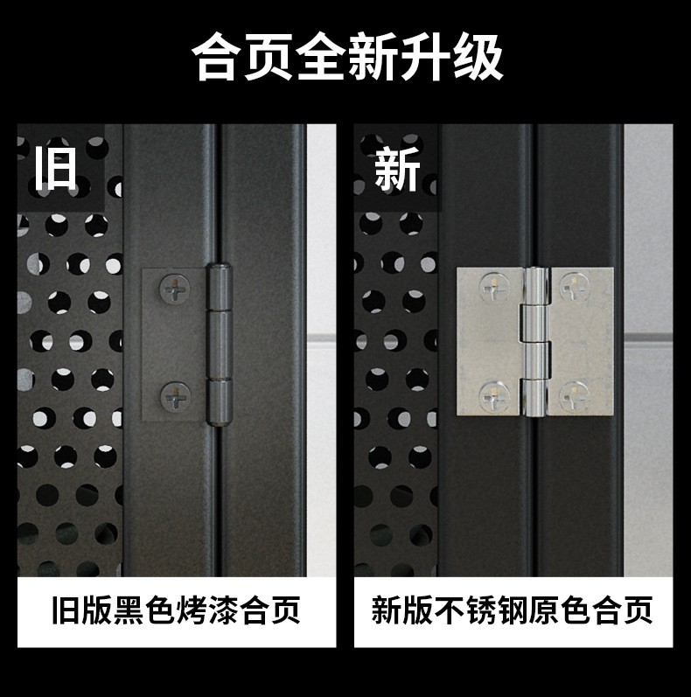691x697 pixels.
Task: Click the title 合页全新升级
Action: pos(346,59)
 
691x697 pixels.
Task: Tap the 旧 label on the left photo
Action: pos(56,169)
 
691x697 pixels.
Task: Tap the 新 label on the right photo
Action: pos(397,169)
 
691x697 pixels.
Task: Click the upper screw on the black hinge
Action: pos(177,288)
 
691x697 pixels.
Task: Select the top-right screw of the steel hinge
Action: pos(575,285)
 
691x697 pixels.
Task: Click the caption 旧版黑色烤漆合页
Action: pos(176,610)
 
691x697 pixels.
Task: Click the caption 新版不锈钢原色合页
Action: pos(513,610)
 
